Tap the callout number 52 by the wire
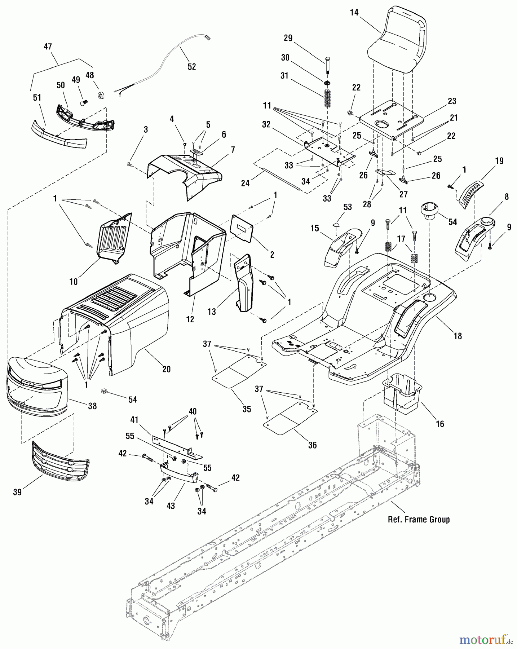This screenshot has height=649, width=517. [x=192, y=67]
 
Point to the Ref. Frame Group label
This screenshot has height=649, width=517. [x=419, y=520]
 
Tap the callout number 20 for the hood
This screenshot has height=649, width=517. [x=166, y=369]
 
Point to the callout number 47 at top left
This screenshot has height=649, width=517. [x=48, y=47]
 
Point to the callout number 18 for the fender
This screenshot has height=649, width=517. [x=458, y=336]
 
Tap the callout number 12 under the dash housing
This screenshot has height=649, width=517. [x=190, y=319]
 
